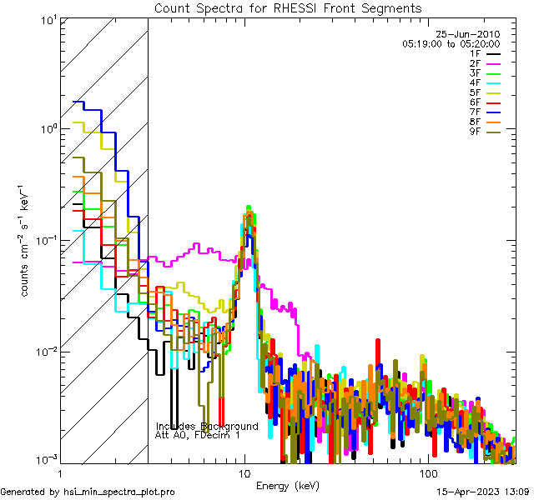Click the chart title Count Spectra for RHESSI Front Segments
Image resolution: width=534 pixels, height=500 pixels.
pos(288,7)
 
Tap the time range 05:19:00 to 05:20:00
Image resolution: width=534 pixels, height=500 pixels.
pos(451,43)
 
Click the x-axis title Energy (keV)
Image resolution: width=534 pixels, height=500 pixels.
pos(288,486)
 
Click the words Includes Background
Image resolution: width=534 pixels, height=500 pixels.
pos(206,427)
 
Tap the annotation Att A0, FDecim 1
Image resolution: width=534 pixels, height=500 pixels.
pos(198,435)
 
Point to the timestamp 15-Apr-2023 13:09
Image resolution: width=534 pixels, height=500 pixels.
pos(481,492)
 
